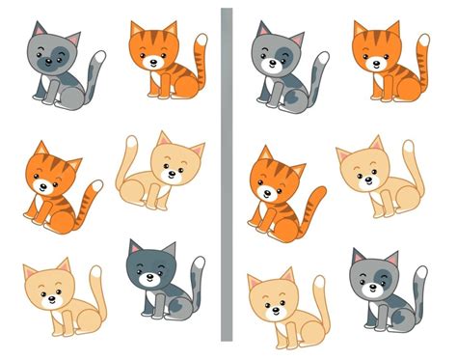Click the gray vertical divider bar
227,174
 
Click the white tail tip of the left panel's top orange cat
201,42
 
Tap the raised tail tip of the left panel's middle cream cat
133,142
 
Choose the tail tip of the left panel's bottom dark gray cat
197,263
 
